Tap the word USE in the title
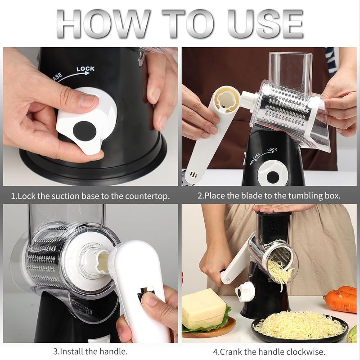click(x=265, y=23)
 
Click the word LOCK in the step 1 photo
click(x=85, y=69)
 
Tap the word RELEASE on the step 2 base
click(x=255, y=158)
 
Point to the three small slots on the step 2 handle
click(x=194, y=174)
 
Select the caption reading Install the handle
click(x=90, y=351)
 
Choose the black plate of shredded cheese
click(x=299, y=327)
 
